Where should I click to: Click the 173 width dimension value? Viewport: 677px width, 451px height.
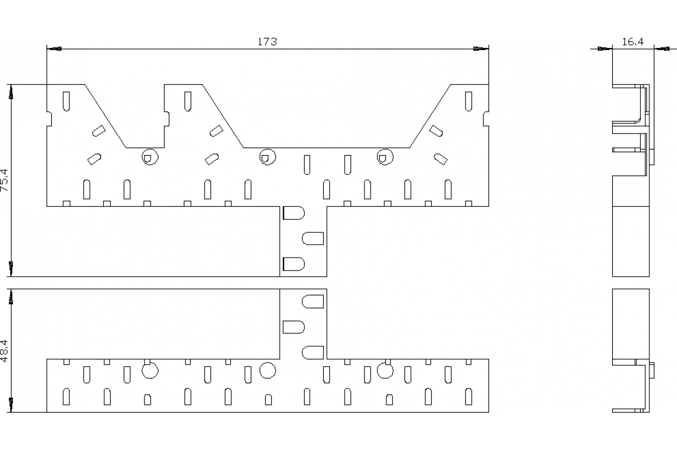point(267,42)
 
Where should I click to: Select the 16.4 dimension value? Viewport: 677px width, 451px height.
point(633,42)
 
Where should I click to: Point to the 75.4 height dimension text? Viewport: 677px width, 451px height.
point(5,180)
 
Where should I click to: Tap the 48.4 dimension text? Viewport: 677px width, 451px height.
point(5,351)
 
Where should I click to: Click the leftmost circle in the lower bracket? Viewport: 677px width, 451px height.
point(150,370)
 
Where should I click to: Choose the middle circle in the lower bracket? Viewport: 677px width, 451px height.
point(267,370)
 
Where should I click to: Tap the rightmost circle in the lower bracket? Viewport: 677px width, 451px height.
point(385,370)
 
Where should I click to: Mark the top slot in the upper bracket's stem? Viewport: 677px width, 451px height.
point(293,213)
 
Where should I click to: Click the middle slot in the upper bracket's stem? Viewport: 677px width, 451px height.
point(314,238)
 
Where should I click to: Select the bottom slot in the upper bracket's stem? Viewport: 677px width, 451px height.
point(293,264)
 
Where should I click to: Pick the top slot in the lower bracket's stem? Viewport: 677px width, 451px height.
point(314,302)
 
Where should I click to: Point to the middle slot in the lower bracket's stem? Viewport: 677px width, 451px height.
point(293,327)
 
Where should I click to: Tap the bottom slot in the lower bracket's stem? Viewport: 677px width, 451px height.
point(314,353)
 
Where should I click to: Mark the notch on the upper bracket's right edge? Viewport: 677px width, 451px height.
point(486,119)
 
